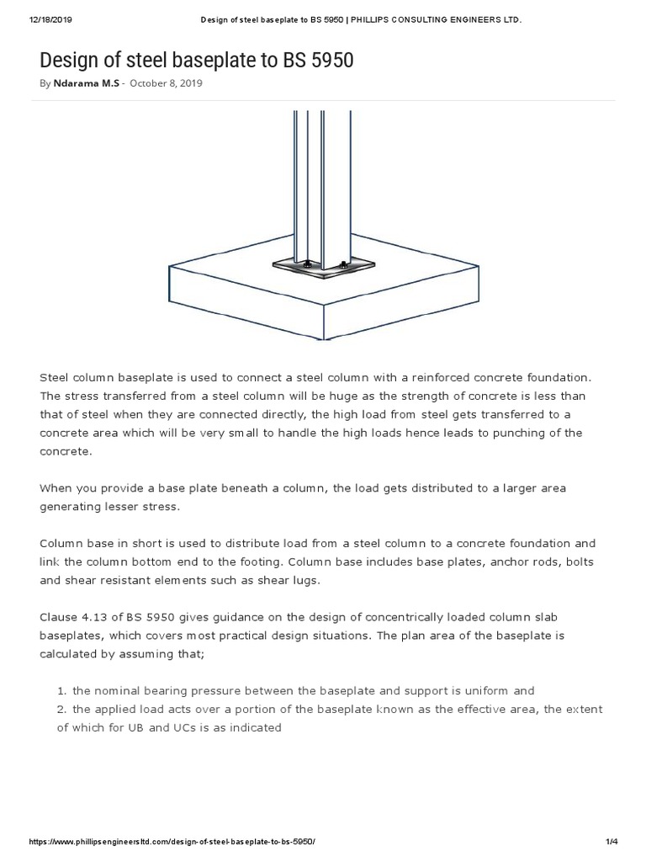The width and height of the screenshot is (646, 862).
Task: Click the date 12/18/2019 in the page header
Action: point(29,19)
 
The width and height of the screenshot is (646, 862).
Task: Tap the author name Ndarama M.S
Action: point(86,84)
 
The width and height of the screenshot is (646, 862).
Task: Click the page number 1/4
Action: point(612,843)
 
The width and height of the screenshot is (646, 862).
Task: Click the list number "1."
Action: point(61,690)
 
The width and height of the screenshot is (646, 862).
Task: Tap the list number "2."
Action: point(61,709)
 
